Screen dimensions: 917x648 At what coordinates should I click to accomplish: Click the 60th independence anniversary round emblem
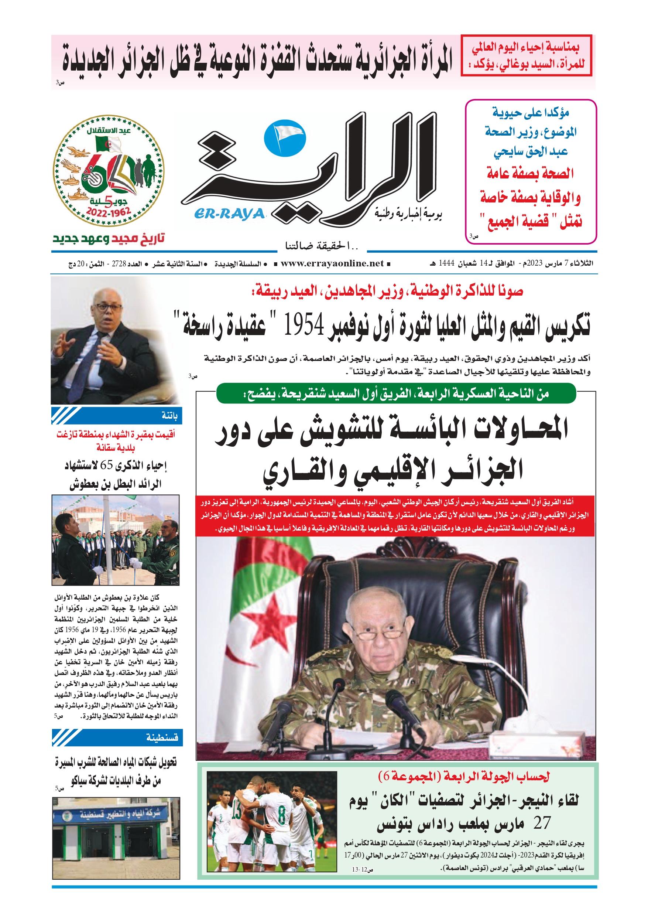(x=109, y=171)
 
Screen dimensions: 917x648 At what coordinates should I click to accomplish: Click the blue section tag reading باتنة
(x=117, y=416)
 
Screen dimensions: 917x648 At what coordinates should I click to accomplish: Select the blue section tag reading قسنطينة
(x=117, y=737)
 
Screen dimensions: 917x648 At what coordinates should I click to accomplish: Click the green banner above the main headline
(x=396, y=394)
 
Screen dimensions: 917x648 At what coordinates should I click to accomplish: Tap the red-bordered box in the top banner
(x=526, y=55)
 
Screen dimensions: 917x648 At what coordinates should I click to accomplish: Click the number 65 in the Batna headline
(x=107, y=465)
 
